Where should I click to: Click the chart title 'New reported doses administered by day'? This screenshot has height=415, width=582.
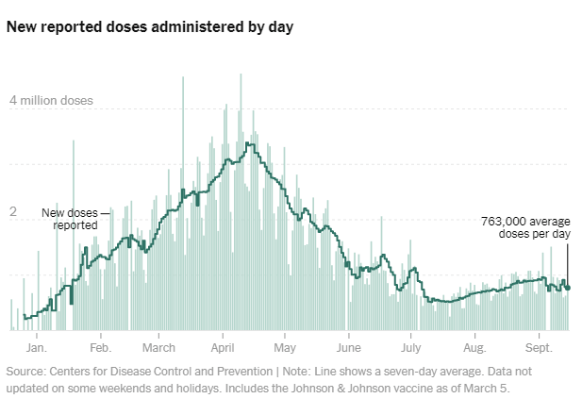(x=149, y=27)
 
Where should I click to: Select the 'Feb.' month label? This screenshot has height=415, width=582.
(x=100, y=335)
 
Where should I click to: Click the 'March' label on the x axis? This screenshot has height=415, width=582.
(x=159, y=335)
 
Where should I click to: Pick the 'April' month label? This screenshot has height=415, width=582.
(x=223, y=335)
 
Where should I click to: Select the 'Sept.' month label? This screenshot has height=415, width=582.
(x=539, y=335)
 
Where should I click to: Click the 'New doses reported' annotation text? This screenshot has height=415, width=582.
(x=75, y=219)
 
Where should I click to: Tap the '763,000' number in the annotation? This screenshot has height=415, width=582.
(x=505, y=221)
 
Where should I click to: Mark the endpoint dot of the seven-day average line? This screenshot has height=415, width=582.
(x=568, y=288)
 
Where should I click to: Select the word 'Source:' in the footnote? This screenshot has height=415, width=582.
(x=26, y=372)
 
